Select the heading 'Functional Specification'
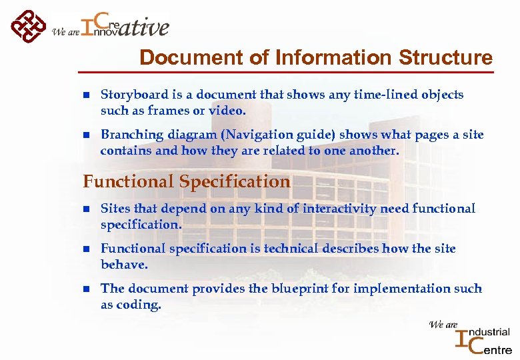(187, 181)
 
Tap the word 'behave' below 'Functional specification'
(123, 265)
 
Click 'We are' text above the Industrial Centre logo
(443, 325)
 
